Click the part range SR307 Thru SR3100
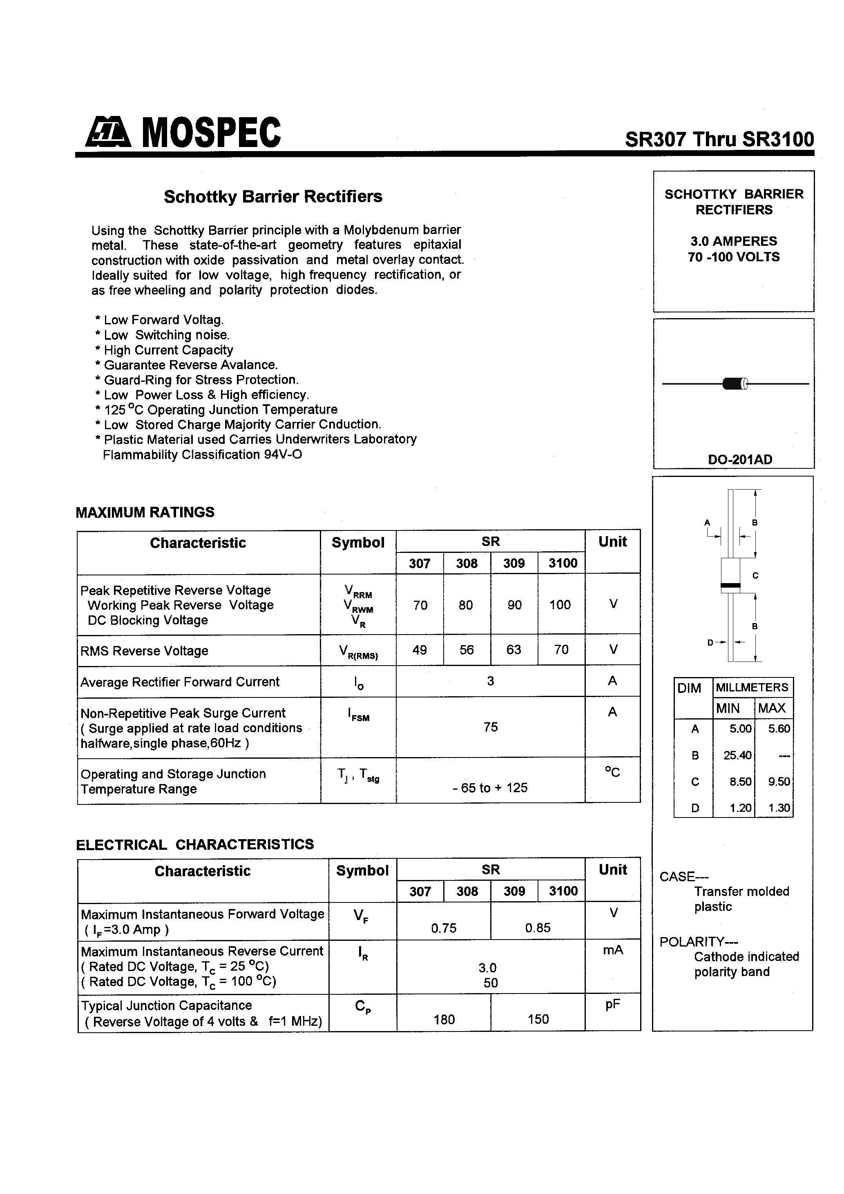tap(719, 139)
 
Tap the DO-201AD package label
tap(739, 460)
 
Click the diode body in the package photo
tap(734, 384)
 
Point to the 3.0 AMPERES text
tap(733, 241)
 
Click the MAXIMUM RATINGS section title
tap(145, 512)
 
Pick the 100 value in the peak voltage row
tap(560, 605)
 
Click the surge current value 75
tap(490, 727)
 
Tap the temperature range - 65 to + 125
tap(490, 788)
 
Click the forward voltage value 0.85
tap(538, 928)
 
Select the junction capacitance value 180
tap(444, 1019)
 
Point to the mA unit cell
tap(612, 950)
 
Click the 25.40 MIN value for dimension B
tap(737, 755)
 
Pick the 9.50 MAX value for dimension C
tap(779, 782)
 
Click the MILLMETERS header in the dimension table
tap(752, 688)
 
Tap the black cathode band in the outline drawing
tap(730, 586)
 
